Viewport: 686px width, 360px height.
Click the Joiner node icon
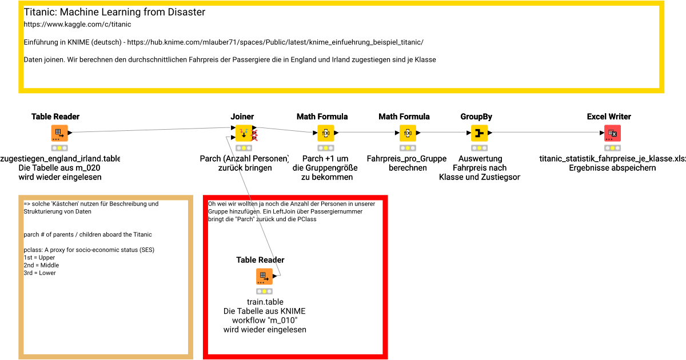pyautogui.click(x=244, y=133)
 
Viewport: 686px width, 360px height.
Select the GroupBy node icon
pyautogui.click(x=479, y=133)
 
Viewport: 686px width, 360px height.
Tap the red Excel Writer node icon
pyautogui.click(x=612, y=133)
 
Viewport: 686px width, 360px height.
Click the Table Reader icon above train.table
pyautogui.click(x=264, y=277)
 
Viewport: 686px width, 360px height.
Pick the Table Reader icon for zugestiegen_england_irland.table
pyautogui.click(x=59, y=133)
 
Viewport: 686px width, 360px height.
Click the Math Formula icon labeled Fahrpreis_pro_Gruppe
pyautogui.click(x=408, y=133)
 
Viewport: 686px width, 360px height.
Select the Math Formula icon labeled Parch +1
pyautogui.click(x=325, y=133)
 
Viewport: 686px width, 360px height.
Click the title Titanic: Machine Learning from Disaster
pyautogui.click(x=114, y=12)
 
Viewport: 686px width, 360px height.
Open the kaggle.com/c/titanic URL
pyautogui.click(x=77, y=25)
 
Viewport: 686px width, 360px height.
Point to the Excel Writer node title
pyautogui.click(x=609, y=117)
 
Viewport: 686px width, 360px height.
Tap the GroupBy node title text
pyautogui.click(x=476, y=117)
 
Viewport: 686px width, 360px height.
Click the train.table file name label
pyautogui.click(x=265, y=302)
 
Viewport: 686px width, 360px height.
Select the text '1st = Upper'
pyautogui.click(x=40, y=258)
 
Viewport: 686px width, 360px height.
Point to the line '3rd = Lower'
pyautogui.click(x=40, y=273)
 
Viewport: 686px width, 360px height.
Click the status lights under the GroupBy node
pyautogui.click(x=479, y=148)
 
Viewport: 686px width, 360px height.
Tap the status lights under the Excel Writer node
pyautogui.click(x=612, y=148)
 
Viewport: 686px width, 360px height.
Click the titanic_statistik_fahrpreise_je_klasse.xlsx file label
pyautogui.click(x=612, y=159)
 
